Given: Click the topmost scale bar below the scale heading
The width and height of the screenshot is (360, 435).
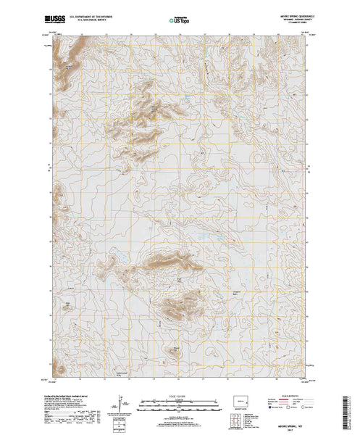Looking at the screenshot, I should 180,399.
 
